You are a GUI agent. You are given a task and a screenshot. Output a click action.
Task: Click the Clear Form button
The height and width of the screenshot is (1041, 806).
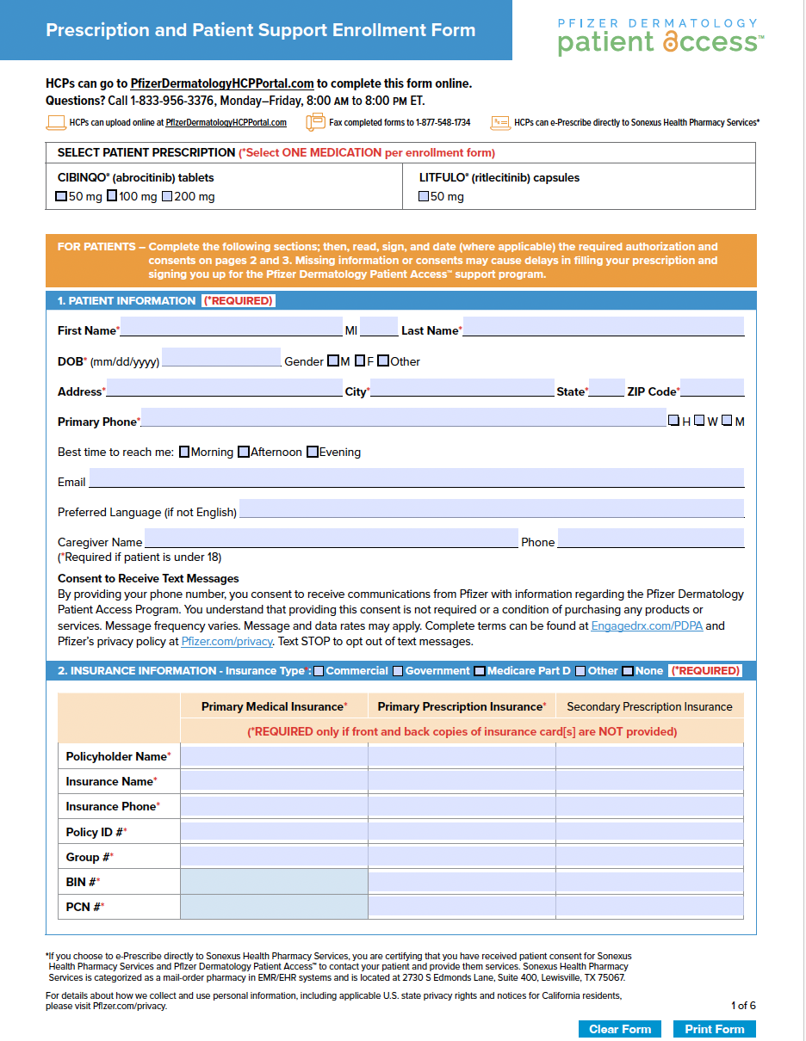coord(620,1029)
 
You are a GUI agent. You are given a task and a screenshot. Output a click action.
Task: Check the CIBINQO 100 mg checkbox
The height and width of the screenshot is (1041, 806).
coord(112,196)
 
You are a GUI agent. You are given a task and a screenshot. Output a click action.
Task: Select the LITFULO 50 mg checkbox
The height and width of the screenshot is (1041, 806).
coord(423,196)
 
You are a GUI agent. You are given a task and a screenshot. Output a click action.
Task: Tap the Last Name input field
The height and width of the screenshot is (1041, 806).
coord(603,327)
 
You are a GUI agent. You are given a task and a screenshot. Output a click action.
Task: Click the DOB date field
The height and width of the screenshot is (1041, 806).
coord(221,358)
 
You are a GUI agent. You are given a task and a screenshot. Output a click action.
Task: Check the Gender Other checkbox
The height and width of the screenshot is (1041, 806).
coord(382,361)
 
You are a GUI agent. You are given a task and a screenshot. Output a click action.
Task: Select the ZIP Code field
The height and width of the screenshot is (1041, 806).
coord(712,388)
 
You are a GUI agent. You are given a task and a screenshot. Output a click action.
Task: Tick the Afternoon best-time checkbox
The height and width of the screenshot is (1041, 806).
coord(244,452)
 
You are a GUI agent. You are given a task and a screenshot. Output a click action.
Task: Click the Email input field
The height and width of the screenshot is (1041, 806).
coord(416,478)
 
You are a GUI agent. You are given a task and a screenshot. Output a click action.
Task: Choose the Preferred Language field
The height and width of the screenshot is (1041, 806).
coord(491,508)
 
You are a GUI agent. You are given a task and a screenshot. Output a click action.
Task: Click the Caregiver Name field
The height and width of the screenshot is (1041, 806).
coord(332,539)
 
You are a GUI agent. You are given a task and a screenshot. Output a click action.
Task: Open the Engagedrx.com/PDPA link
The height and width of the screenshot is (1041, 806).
coord(647,626)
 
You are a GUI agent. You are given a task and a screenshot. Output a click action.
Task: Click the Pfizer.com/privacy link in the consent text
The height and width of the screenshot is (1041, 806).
coord(227,642)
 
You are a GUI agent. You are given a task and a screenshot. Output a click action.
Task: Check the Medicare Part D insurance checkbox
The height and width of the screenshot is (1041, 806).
coord(480,671)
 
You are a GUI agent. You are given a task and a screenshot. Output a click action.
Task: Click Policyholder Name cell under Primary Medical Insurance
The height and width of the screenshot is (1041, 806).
coord(274,756)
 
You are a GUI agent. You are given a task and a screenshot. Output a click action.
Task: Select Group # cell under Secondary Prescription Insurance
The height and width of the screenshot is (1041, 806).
coord(649,857)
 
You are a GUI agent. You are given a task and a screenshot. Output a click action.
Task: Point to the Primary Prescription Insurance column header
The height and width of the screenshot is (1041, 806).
coord(462,707)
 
